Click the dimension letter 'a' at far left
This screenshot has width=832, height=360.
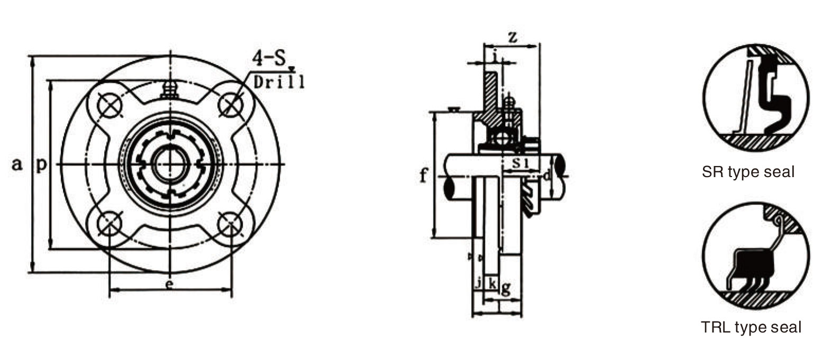(17, 164)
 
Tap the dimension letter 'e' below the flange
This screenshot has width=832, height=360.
(169, 284)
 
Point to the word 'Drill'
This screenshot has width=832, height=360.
(279, 81)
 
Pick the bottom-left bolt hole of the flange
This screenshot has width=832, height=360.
(109, 224)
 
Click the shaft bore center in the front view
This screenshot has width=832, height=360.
(170, 164)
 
